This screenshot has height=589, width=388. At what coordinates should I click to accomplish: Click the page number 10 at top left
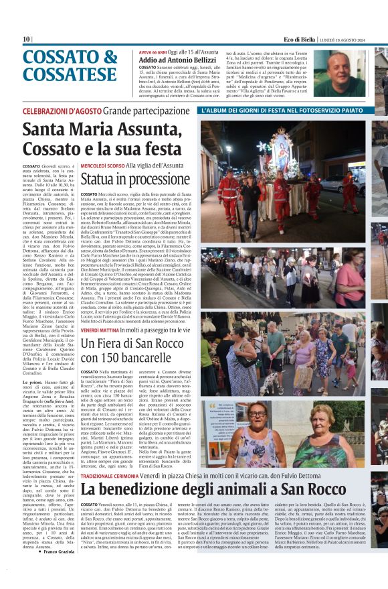pyautogui.click(x=26, y=40)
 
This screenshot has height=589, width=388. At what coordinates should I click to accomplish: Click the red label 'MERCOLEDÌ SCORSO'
pyautogui.click(x=102, y=165)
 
